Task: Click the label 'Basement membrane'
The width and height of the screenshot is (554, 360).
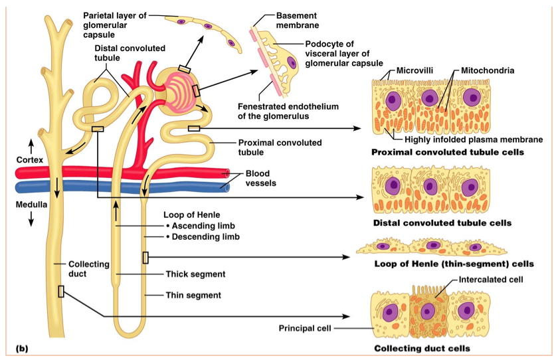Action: pos(297,20)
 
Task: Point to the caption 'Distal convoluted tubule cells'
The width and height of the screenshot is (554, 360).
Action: pos(442,223)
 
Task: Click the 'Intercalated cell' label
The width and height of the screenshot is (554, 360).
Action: pos(491,280)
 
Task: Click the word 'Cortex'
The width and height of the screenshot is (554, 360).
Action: pos(30,160)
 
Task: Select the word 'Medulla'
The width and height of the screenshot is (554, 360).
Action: pos(31,205)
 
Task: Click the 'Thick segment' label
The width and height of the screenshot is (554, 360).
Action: pos(195,274)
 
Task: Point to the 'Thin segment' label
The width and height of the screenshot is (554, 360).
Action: pos(193,295)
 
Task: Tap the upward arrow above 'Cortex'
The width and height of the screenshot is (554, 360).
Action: pos(30,144)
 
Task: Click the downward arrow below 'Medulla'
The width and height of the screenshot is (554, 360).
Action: pos(30,221)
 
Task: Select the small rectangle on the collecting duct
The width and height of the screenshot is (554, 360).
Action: pos(61,291)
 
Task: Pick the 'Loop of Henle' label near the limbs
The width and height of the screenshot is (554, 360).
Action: pos(191,215)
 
